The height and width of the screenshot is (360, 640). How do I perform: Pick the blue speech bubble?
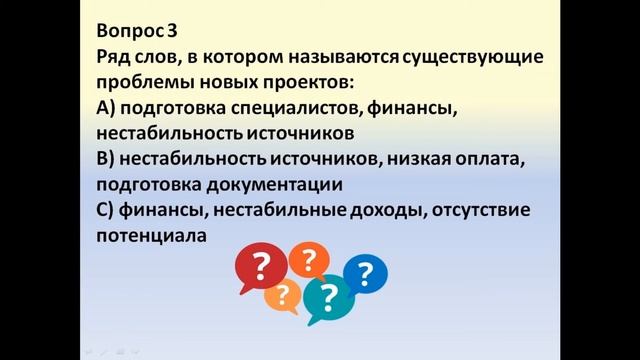tap(365, 272)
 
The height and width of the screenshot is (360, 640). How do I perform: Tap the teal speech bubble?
tap(327, 296)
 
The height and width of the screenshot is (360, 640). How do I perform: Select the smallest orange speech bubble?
tap(284, 296)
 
